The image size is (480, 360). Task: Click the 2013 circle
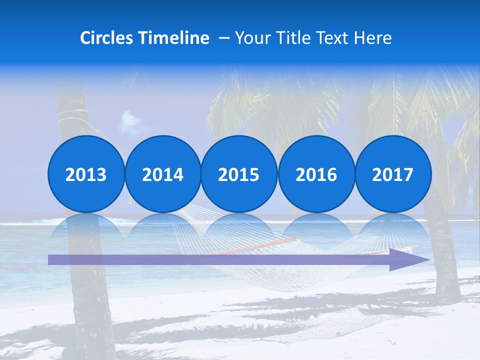tap(86, 174)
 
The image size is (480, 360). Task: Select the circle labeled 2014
tap(162, 174)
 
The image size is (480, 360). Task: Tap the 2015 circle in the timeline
tap(239, 174)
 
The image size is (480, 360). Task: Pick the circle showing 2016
tap(316, 174)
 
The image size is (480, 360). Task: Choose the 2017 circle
tap(393, 174)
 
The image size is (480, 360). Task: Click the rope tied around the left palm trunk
tap(72, 118)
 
